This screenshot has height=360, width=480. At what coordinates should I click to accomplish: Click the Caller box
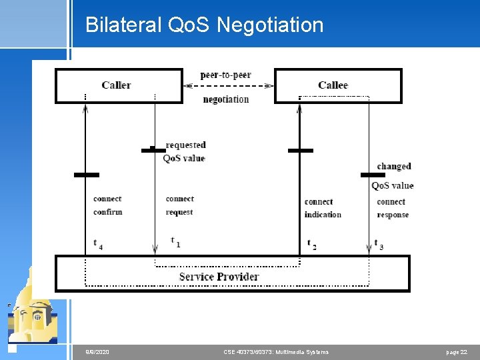(118, 85)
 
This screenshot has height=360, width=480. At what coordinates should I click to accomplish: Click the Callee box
(337, 85)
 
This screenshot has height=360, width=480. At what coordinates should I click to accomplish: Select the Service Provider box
(232, 274)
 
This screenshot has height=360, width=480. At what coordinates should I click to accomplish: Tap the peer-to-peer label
(226, 75)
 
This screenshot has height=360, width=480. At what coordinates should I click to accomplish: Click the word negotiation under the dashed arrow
(226, 99)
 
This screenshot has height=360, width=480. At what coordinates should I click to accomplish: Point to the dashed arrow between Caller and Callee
(228, 85)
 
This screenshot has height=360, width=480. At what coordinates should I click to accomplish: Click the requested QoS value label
(185, 151)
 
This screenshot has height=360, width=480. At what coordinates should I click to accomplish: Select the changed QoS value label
(393, 176)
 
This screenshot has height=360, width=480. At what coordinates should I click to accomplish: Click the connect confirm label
(107, 205)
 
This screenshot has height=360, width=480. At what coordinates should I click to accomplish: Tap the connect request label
(179, 205)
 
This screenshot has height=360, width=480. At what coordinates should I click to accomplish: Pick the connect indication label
(323, 208)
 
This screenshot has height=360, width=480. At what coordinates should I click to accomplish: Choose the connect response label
(392, 208)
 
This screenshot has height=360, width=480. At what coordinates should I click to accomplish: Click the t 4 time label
(97, 244)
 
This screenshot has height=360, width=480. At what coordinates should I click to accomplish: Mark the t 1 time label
(175, 241)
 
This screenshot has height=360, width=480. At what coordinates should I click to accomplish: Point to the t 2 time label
(311, 244)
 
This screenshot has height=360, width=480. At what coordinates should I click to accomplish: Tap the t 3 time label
(378, 244)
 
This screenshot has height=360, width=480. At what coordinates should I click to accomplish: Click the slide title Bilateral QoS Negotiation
(204, 25)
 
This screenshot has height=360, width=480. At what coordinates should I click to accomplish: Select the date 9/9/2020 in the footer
(97, 351)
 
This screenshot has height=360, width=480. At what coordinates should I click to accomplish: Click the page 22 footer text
(457, 351)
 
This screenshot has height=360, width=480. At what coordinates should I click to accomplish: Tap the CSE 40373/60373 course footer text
(277, 351)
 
